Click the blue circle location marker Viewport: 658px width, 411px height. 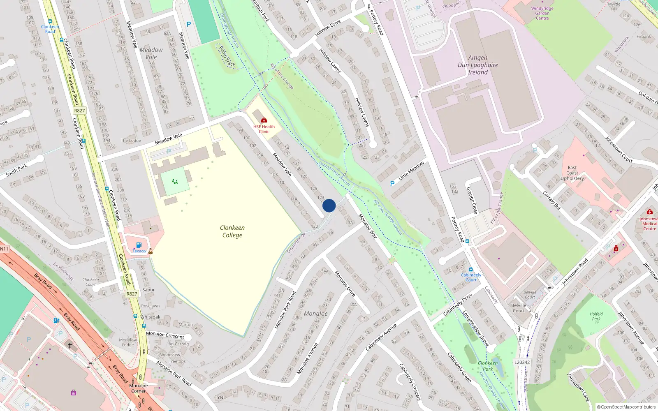[329, 205]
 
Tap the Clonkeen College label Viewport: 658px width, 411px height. [232, 231]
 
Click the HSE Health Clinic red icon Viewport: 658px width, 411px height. [264, 120]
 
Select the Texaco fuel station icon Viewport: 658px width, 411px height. [139, 245]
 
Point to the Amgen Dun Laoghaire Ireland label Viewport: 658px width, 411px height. [478, 65]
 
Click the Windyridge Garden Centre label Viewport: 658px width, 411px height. [542, 13]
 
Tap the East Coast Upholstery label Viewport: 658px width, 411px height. [572, 173]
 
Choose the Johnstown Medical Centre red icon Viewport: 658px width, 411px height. [649, 212]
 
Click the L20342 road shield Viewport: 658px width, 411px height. [522, 362]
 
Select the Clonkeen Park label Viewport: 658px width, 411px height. [488, 366]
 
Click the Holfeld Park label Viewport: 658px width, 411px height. [596, 316]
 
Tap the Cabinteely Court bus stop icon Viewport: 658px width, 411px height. [471, 270]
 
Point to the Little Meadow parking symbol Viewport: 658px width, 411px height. [392, 184]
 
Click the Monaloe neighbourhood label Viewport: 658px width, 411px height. [316, 314]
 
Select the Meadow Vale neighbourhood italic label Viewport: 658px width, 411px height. [151, 53]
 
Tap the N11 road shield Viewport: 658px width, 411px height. [4, 249]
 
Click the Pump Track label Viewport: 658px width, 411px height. [227, 56]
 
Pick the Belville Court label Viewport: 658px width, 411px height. [519, 308]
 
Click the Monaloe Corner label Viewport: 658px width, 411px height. [138, 388]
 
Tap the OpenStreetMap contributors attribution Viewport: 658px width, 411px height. [626, 407]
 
